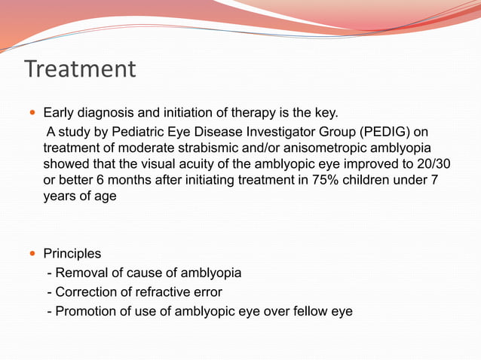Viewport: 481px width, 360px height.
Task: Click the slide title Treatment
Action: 80,69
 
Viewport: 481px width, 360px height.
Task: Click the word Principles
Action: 72,254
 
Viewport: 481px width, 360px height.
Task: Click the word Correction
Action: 85,291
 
